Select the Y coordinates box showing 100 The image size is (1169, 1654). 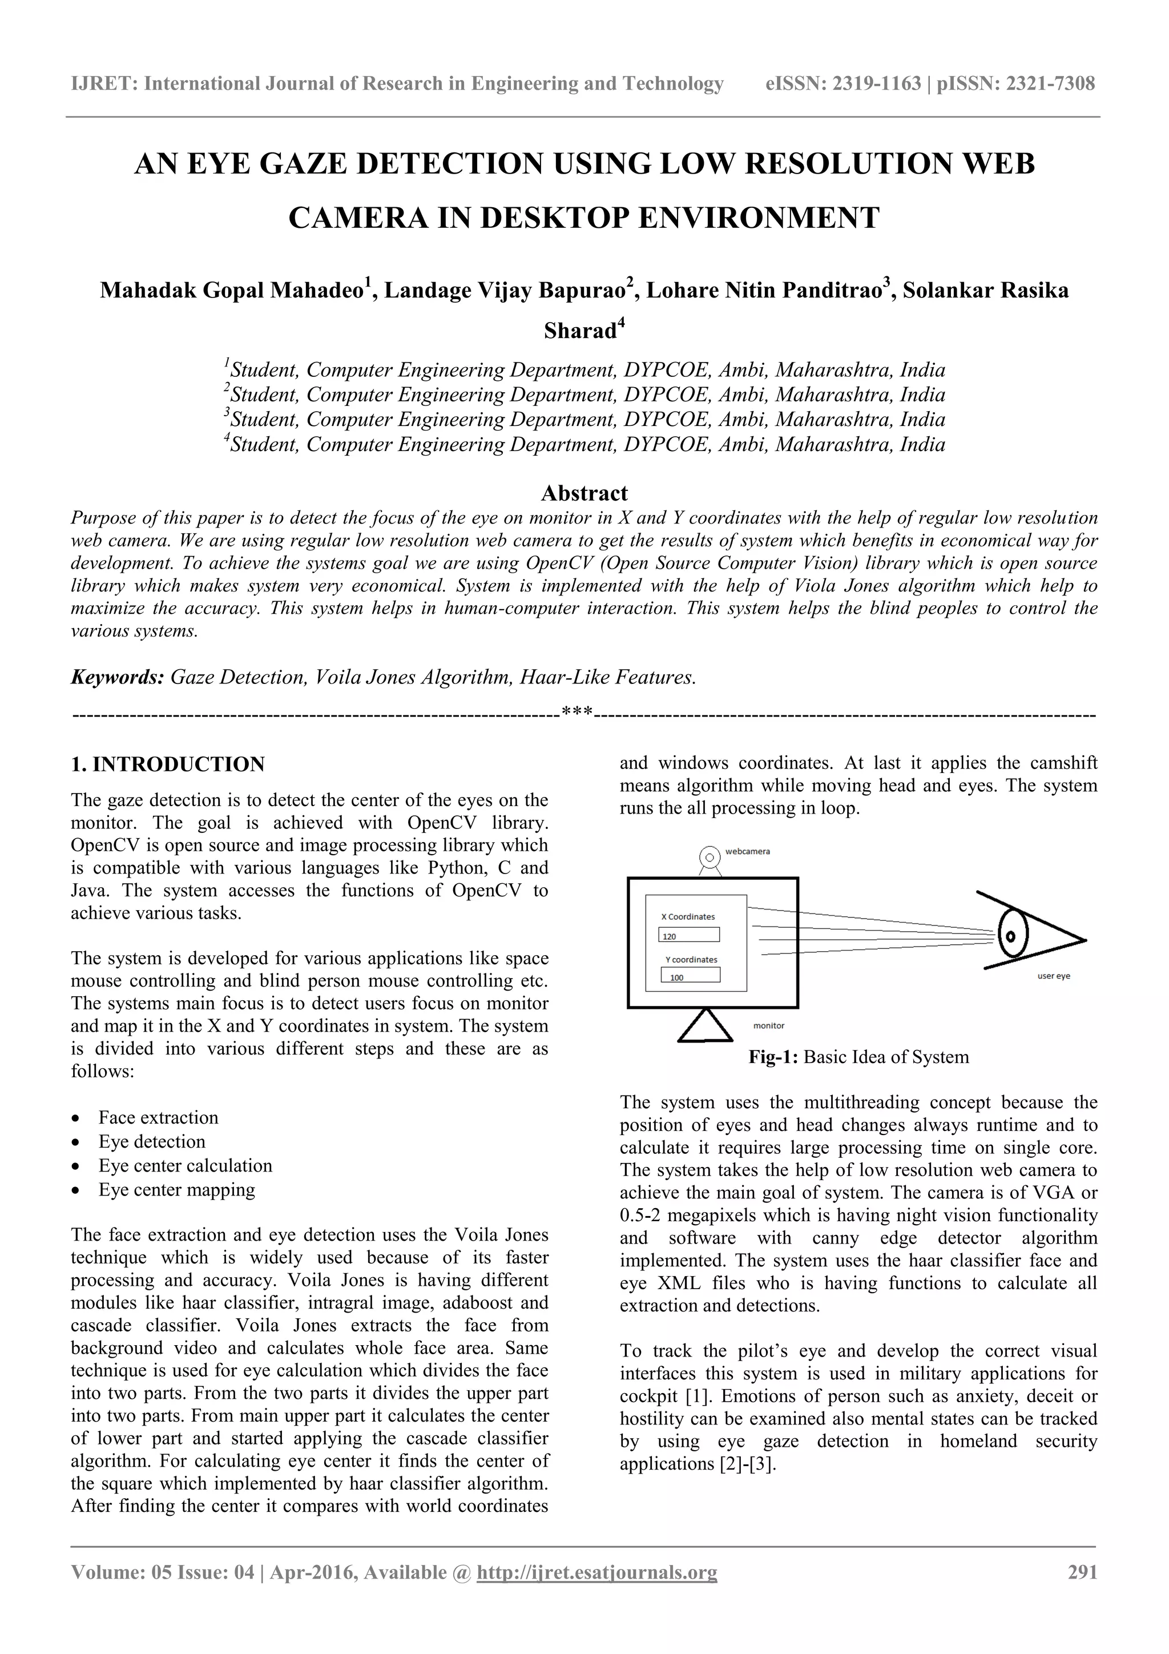(690, 975)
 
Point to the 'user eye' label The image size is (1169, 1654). (1053, 976)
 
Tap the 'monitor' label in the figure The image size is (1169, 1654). (768, 1025)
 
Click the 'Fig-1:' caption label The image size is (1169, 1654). (773, 1057)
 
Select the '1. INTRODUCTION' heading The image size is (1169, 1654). (167, 764)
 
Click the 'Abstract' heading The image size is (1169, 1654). (584, 493)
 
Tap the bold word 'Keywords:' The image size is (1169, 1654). (118, 677)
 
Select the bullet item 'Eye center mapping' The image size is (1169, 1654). (176, 1189)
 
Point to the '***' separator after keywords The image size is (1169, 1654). (577, 713)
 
